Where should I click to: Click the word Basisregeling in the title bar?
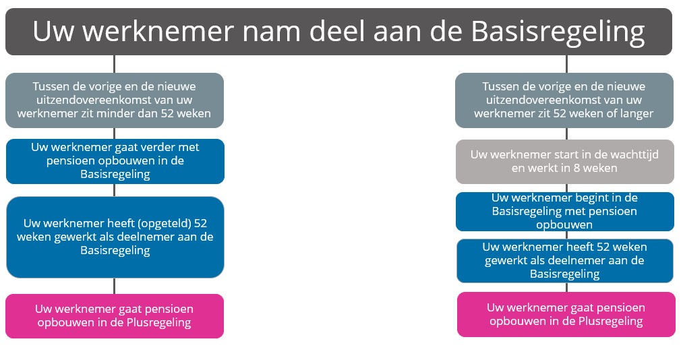pos(558,32)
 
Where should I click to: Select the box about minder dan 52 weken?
pos(115,100)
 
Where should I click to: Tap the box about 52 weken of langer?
pos(564,100)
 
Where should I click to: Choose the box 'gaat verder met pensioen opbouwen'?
pos(115,161)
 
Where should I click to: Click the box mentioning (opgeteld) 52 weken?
pos(115,237)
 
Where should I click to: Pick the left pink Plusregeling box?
pos(115,316)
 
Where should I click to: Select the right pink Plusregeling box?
pos(566,314)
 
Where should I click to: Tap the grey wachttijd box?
pos(565,162)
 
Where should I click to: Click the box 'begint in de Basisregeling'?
pos(565,212)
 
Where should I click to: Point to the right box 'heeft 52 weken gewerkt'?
pos(565,260)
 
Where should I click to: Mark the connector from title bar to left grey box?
pos(114,64)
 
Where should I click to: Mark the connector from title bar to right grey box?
pos(567,64)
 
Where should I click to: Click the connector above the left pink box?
pos(115,286)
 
